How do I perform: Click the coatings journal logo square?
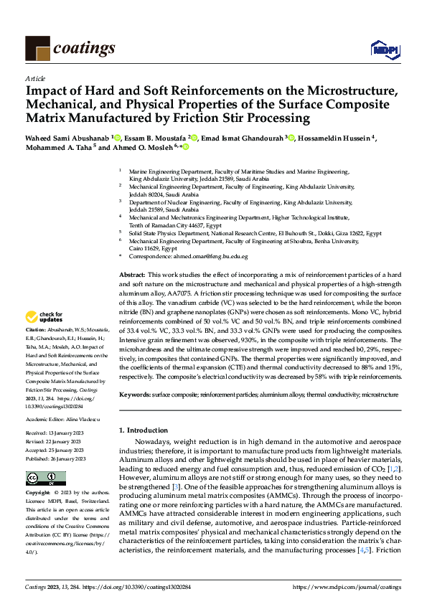37,48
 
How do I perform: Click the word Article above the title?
35,78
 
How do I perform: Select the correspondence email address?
214,256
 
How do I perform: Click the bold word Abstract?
131,275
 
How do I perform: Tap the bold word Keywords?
135,395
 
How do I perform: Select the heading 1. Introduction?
142,430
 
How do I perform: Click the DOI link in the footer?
124,587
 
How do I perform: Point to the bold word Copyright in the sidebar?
39,494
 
